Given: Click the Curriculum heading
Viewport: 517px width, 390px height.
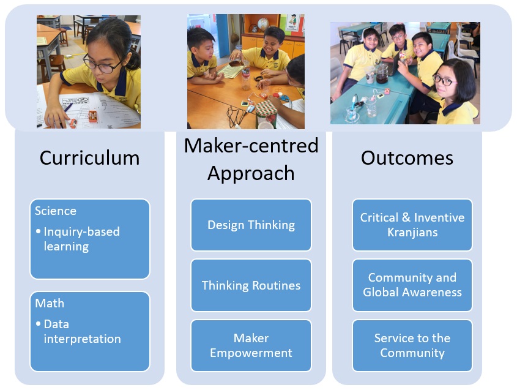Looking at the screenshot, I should coord(89,158).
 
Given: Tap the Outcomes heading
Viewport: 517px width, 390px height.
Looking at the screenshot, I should coord(407,158).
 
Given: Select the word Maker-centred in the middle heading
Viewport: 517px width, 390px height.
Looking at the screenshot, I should coord(251,146).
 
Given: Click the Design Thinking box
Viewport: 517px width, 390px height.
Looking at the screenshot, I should coord(251,225).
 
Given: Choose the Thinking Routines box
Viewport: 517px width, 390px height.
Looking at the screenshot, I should coord(251,285).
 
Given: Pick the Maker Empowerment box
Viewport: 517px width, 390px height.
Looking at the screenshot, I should coord(251,345).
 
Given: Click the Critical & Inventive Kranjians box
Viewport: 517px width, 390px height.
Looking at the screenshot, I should coord(412,225).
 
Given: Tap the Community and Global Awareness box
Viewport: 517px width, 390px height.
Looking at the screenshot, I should coord(412,285).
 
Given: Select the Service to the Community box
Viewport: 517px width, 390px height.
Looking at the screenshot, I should coord(412,345).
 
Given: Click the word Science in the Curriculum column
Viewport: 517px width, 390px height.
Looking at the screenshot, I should coord(56,211).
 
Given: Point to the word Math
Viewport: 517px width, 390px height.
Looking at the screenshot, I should coord(50,304).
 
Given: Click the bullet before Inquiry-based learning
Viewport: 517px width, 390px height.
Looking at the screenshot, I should coord(39,232).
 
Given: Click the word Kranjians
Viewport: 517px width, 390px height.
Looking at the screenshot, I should coord(412,233).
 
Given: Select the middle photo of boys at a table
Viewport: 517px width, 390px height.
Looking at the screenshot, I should coord(245,71).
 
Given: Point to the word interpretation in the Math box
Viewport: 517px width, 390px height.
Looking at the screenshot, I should coord(82,339).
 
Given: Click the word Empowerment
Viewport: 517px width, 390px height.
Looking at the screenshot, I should coord(251,353).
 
